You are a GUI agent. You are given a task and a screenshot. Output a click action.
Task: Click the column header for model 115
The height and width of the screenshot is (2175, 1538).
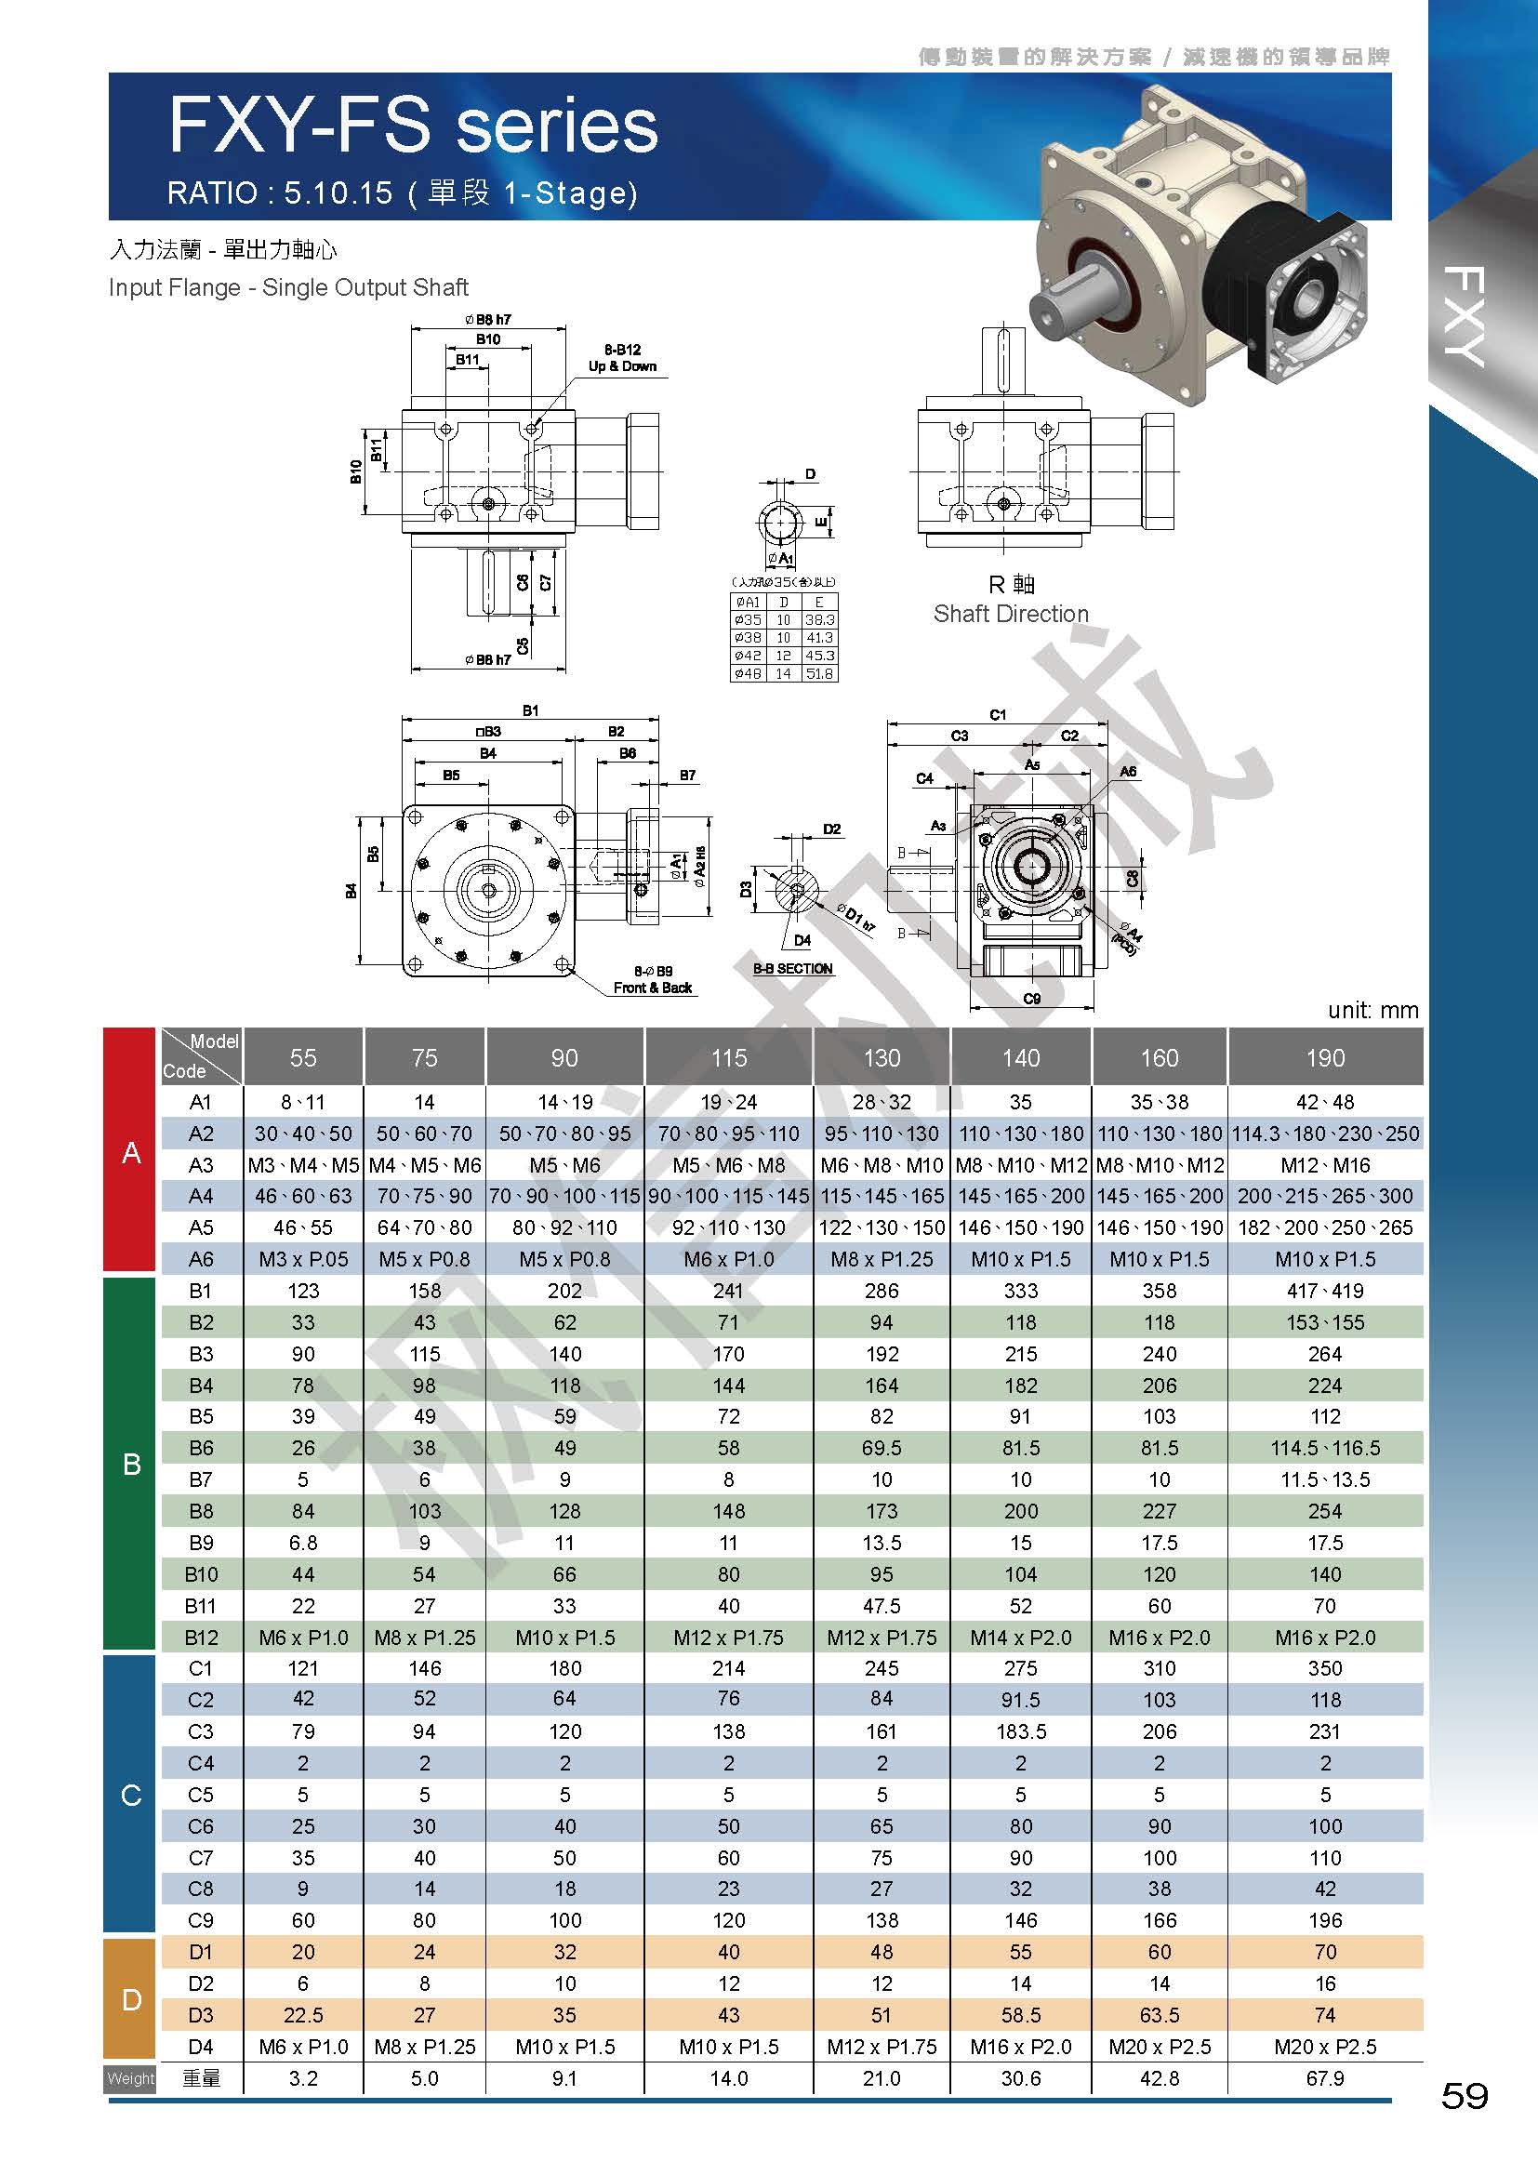click(x=729, y=1057)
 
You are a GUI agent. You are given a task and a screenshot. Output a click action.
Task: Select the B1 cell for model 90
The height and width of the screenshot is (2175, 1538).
click(x=565, y=1291)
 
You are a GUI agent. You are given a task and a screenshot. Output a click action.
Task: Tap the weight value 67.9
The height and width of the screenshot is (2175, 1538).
click(x=1325, y=2078)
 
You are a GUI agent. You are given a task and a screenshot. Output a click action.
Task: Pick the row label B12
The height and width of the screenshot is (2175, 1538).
click(x=201, y=1637)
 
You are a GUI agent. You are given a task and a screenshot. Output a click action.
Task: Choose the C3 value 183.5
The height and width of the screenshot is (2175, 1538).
click(x=1021, y=1731)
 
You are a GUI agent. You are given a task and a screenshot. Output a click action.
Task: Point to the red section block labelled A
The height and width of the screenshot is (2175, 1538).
click(x=129, y=1149)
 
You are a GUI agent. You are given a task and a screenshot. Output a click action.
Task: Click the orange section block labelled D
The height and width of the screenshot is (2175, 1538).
click(x=129, y=2000)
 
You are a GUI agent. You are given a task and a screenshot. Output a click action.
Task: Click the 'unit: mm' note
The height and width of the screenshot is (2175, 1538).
click(x=1373, y=1010)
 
